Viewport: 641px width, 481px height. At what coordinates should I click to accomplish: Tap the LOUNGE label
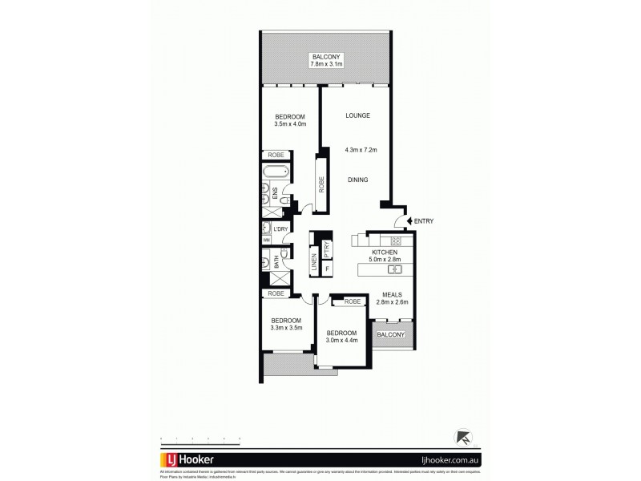(x=357, y=115)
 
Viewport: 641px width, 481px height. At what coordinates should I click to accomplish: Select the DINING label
(x=357, y=180)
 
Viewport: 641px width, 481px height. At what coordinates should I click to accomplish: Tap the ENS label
(x=275, y=193)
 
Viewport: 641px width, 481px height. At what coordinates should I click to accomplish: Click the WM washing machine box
(x=266, y=240)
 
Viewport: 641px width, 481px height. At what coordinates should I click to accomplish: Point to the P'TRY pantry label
(x=327, y=249)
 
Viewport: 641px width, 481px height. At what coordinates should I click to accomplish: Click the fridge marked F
(x=327, y=266)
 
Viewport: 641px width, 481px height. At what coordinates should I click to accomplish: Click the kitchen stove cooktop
(x=394, y=240)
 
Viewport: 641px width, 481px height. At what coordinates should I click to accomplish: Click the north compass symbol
(x=462, y=437)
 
